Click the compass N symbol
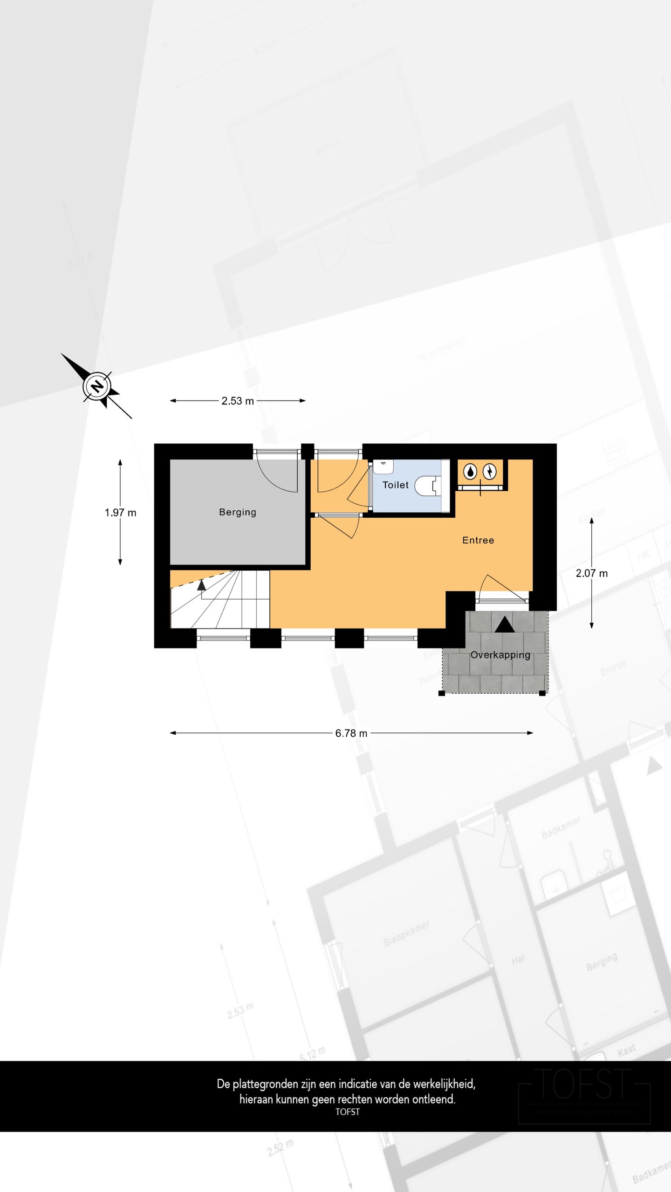[x=97, y=386]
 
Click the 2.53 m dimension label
[x=237, y=401]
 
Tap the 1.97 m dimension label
[x=120, y=513]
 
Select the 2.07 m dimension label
[x=591, y=573]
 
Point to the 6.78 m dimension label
[x=351, y=733]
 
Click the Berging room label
[x=237, y=512]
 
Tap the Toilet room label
[x=395, y=485]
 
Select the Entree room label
[x=478, y=540]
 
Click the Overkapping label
[x=500, y=655]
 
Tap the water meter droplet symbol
[x=471, y=472]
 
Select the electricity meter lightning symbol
[x=490, y=472]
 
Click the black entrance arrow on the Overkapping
[x=504, y=624]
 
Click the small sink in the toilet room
[x=383, y=466]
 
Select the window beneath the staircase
[x=223, y=638]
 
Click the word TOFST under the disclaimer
[x=347, y=1111]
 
